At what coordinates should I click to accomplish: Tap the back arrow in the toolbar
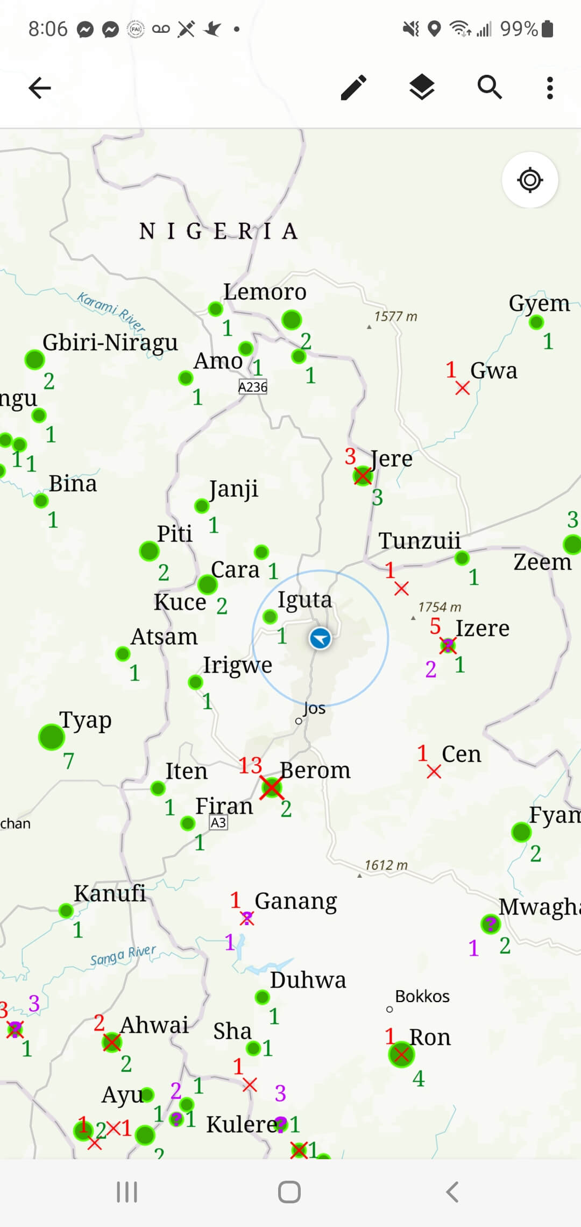tap(40, 88)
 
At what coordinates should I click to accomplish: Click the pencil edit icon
tap(354, 88)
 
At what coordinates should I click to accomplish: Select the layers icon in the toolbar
tap(422, 88)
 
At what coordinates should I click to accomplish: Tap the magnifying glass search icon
tap(490, 88)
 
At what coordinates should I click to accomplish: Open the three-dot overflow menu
tap(549, 88)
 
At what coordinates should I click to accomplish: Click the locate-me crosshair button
tap(530, 180)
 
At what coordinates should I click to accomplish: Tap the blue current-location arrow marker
tap(320, 638)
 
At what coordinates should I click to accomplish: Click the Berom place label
tap(315, 770)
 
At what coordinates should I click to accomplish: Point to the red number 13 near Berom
tap(250, 765)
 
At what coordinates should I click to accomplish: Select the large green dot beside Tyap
tap(52, 737)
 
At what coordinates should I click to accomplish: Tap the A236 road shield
tap(253, 387)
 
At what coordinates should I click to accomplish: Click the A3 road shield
tap(218, 822)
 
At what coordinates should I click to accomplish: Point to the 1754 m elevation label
tap(440, 607)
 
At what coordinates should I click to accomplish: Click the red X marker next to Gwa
tap(462, 387)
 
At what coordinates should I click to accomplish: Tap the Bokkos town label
tap(422, 996)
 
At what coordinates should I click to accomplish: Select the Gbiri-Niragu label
tap(110, 342)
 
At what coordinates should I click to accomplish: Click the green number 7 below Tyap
tap(68, 761)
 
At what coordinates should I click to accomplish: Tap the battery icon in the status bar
tap(548, 29)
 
